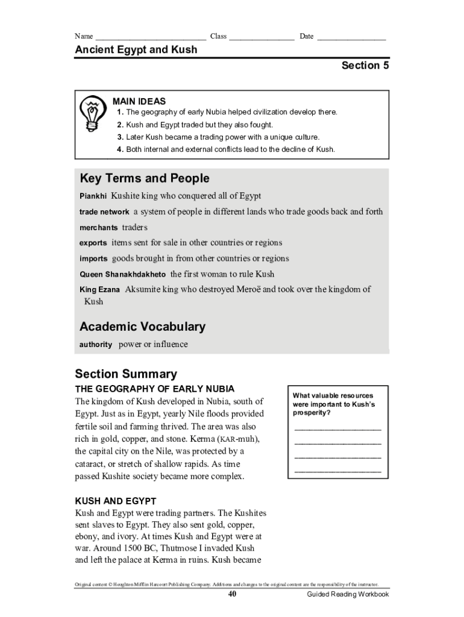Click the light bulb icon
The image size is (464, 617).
pyautogui.click(x=92, y=113)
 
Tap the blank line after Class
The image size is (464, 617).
pyautogui.click(x=261, y=38)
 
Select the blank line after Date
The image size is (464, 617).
pyautogui.click(x=351, y=38)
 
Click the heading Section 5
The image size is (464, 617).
pyautogui.click(x=365, y=66)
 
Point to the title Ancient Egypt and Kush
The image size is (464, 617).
pyautogui.click(x=136, y=49)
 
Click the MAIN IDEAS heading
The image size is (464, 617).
pyautogui.click(x=139, y=102)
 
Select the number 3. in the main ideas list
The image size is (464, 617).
pyautogui.click(x=121, y=137)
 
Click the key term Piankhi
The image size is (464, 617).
pyautogui.click(x=93, y=196)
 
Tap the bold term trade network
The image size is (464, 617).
pyautogui.click(x=104, y=212)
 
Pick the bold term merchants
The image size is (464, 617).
pyautogui.click(x=99, y=228)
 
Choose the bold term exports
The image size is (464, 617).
pyautogui.click(x=93, y=243)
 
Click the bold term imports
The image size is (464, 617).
pyautogui.click(x=93, y=259)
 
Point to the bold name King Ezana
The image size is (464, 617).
pyautogui.click(x=100, y=290)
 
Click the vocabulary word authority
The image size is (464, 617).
pyautogui.click(x=96, y=345)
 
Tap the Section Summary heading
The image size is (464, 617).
pyautogui.click(x=126, y=374)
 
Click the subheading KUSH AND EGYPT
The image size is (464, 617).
pyautogui.click(x=115, y=501)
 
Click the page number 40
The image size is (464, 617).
pyautogui.click(x=232, y=594)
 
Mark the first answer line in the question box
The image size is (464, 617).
pyautogui.click(x=337, y=428)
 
